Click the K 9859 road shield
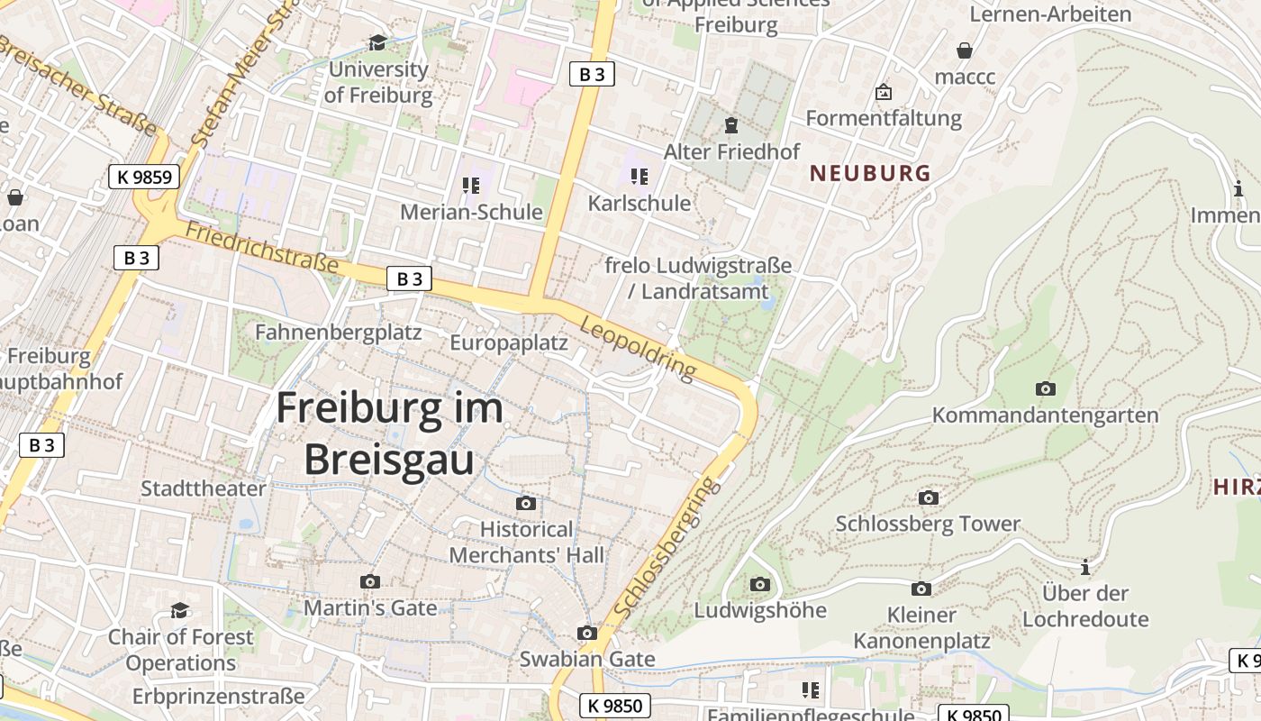click(144, 177)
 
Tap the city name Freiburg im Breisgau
click(389, 434)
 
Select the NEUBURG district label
click(869, 173)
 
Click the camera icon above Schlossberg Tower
click(928, 497)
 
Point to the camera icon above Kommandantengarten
click(1045, 388)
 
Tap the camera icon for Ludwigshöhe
click(759, 584)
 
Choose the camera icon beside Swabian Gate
click(587, 633)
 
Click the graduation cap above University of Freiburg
click(377, 42)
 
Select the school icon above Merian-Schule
click(470, 186)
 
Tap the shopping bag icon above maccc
click(965, 50)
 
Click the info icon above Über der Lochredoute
click(1085, 567)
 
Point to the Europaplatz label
click(508, 342)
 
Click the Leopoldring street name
click(638, 347)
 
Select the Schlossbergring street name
click(667, 548)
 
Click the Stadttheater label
click(204, 488)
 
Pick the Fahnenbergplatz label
click(338, 332)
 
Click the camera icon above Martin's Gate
click(369, 581)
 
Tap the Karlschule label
click(639, 203)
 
